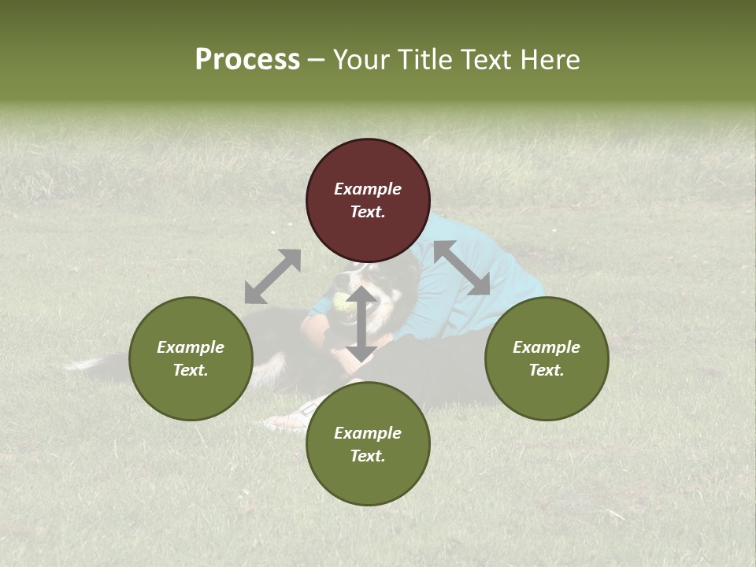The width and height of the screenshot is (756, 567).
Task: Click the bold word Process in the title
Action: coord(247,60)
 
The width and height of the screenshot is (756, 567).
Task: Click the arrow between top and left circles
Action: coord(272,276)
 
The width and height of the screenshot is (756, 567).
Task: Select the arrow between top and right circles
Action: coord(461,268)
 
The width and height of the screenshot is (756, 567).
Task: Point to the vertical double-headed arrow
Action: coord(361,323)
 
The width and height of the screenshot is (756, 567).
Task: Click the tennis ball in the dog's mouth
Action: coord(340,301)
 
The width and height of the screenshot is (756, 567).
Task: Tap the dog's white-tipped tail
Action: coord(87,363)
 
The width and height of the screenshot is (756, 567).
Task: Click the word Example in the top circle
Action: coord(368,189)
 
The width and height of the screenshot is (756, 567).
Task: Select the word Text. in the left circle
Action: coord(191,370)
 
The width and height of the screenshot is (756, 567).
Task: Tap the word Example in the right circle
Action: coord(547,347)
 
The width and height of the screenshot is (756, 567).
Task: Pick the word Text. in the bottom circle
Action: coord(368,456)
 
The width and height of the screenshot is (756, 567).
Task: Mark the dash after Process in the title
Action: coord(317,61)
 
